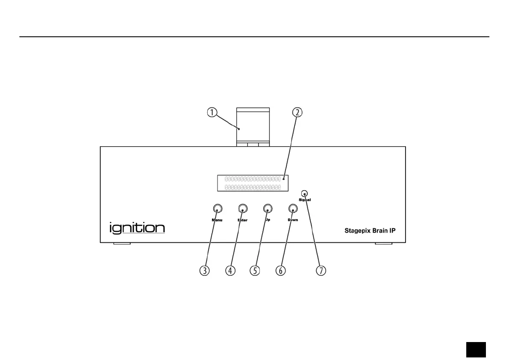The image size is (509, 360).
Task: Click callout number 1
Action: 212,112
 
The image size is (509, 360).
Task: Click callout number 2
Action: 297,112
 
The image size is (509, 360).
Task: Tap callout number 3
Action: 206,271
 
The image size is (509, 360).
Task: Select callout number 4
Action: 231,271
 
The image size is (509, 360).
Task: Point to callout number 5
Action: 256,271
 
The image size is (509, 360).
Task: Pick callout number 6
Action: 280,271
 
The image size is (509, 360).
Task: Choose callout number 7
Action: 321,271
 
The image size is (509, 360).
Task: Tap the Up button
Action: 268,209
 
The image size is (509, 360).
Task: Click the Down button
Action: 293,209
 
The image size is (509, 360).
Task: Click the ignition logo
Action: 137,227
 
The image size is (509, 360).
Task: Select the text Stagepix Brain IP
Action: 371,230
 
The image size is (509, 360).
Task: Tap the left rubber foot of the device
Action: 122,245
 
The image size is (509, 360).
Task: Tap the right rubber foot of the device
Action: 383,245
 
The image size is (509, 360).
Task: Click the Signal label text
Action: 305,200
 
